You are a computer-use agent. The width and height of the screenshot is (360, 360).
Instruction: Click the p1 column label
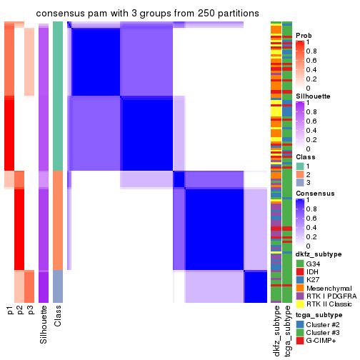pos(9,311)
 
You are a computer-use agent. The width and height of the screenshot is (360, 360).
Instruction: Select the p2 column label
pos(19,311)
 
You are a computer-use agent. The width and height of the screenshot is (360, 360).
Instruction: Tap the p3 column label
pos(29,311)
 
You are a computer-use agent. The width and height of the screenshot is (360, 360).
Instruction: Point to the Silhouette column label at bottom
pos(44,323)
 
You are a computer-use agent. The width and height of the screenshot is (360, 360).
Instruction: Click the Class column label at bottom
pos(58,316)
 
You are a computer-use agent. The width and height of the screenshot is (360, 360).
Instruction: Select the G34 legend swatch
pos(299,264)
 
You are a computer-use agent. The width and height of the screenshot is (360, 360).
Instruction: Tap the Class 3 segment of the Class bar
pos(58,286)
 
